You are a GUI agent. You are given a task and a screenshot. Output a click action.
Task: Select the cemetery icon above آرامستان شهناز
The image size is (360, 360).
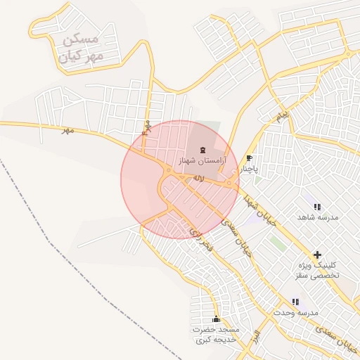point(203,149)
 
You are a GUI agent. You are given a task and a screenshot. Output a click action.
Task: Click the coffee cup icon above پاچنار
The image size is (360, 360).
point(249,158)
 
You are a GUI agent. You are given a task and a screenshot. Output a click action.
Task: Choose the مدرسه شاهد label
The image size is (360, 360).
point(318,217)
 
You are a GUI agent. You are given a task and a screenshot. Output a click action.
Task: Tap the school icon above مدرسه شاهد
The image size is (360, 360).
point(317,207)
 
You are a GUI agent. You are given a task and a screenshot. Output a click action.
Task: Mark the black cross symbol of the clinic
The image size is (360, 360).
point(317,254)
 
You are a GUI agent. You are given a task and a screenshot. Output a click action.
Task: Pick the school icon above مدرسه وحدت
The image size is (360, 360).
point(295,302)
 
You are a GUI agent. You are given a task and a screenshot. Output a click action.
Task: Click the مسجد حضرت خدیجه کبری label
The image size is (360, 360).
point(216,334)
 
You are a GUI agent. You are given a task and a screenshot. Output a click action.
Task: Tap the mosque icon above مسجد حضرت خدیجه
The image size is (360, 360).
point(216,319)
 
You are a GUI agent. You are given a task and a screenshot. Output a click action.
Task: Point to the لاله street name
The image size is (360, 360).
point(198,180)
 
